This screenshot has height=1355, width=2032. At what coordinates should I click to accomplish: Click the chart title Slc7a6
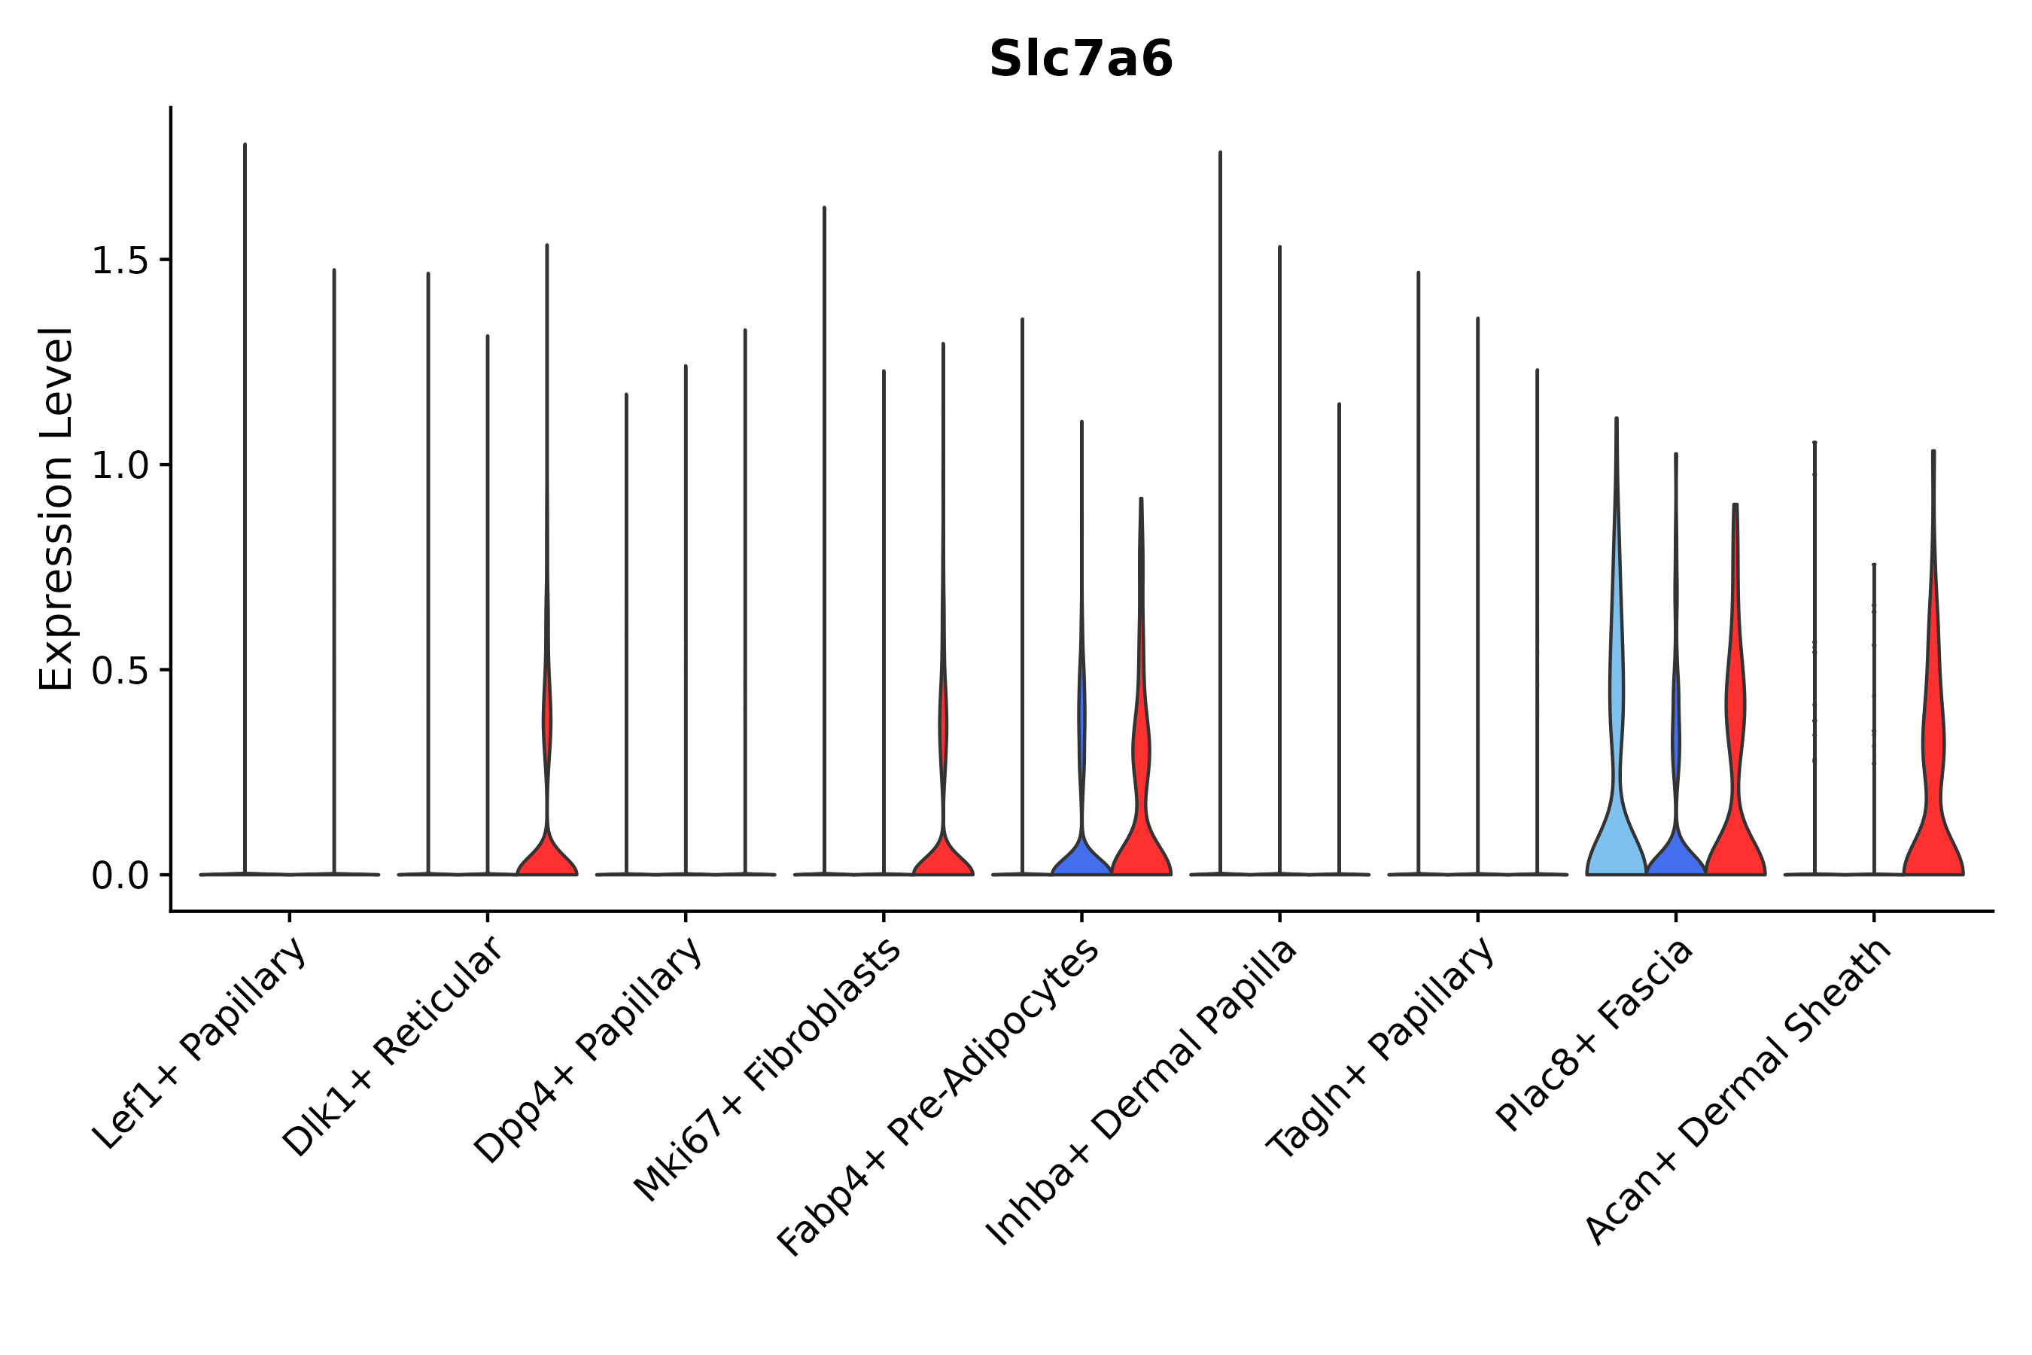(x=1080, y=59)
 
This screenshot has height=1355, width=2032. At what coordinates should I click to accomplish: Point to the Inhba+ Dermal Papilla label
(x=1140, y=1092)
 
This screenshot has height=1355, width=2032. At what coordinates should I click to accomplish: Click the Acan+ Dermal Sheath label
(x=1738, y=1092)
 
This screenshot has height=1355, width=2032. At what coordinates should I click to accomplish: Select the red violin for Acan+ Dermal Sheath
(x=1933, y=830)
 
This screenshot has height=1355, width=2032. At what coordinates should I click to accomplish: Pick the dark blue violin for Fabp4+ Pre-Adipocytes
(x=1081, y=855)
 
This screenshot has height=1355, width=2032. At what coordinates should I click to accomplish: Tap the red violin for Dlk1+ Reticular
(x=547, y=855)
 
